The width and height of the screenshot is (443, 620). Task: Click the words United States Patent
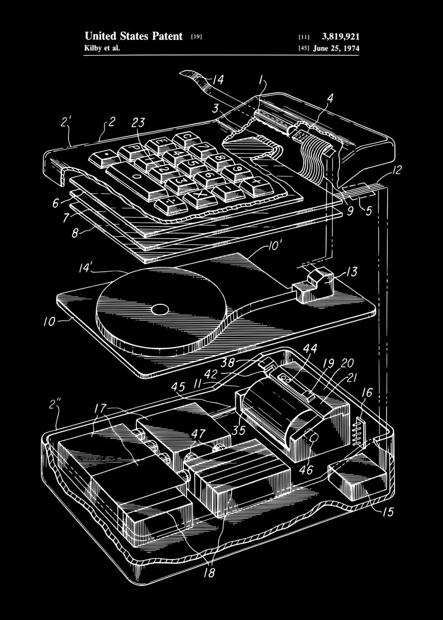click(133, 36)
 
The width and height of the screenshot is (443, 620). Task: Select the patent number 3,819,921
click(340, 36)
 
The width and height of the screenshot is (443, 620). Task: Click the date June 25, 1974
click(337, 49)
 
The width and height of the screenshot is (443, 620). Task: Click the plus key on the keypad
click(255, 183)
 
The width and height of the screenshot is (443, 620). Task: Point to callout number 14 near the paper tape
click(218, 80)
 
